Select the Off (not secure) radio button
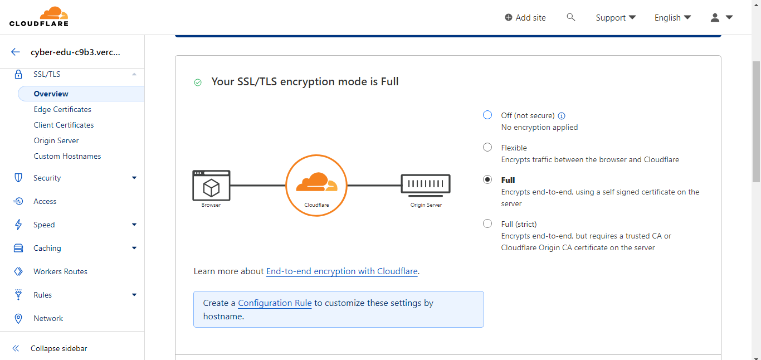[487, 115]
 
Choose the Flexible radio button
[487, 148]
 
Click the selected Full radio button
[487, 180]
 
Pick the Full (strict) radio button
[487, 224]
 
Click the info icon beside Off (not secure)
[562, 116]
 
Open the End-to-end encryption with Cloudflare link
[342, 271]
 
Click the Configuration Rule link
[275, 303]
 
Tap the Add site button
[525, 18]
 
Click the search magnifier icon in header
[570, 17]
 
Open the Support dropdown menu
[616, 18]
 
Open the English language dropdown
[672, 18]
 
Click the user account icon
[715, 18]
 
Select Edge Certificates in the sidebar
[62, 110]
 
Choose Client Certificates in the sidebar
[64, 125]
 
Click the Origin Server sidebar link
[56, 141]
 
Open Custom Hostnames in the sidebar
[67, 157]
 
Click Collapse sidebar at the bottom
[58, 348]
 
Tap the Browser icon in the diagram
[211, 186]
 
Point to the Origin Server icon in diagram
[426, 186]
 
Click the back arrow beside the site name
[16, 52]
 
